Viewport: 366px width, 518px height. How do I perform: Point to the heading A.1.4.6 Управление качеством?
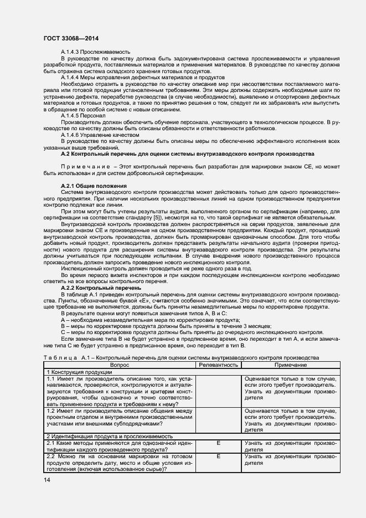[92, 135]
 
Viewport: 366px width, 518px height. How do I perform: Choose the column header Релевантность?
[218, 365]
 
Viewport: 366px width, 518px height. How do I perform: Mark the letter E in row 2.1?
[218, 443]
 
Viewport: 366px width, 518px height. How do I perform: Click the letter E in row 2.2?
[218, 456]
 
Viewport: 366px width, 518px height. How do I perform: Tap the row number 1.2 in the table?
[51, 411]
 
